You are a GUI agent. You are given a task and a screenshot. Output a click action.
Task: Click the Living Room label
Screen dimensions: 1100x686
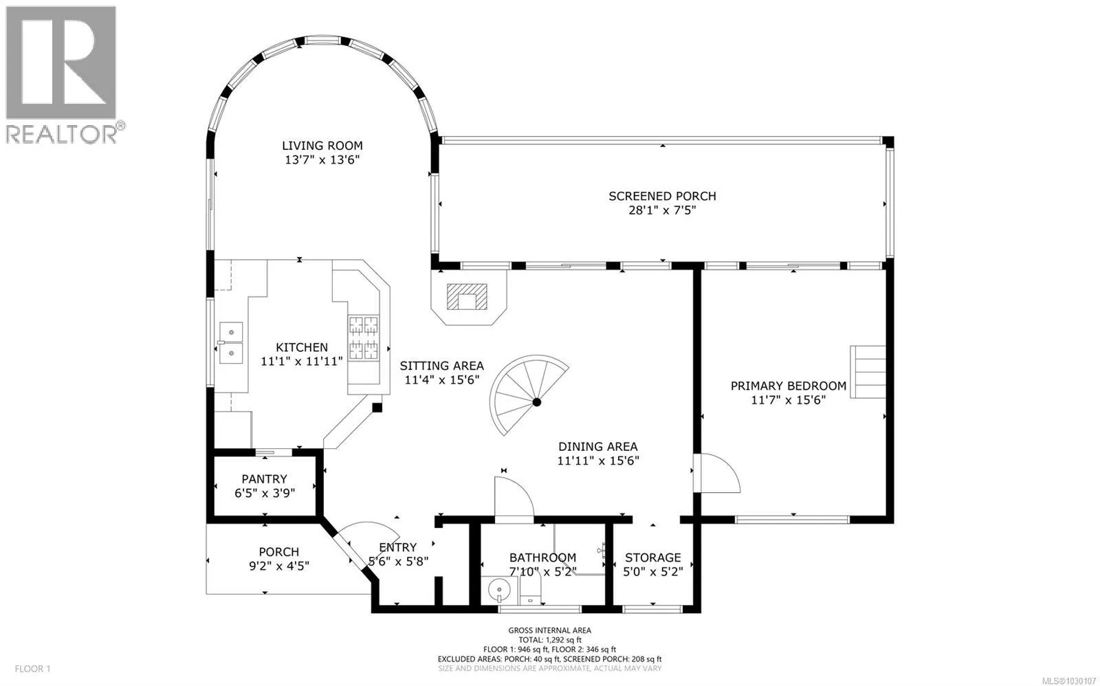tap(322, 146)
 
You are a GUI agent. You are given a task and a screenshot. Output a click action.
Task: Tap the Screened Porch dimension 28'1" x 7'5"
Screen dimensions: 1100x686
tap(663, 210)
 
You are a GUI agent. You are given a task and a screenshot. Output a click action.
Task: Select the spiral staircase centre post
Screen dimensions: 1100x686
tap(537, 402)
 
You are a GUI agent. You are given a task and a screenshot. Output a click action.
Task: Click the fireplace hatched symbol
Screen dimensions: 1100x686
tap(467, 296)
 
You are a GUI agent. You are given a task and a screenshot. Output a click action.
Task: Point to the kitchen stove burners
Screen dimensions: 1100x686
tap(364, 338)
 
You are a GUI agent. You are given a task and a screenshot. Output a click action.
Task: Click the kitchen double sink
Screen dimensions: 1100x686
tap(231, 343)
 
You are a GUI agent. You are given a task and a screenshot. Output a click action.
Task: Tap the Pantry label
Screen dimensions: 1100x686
tap(264, 479)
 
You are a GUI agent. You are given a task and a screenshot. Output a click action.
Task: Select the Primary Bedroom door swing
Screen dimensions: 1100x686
tap(716, 473)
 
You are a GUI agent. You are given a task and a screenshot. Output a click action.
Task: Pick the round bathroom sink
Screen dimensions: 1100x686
tap(499, 590)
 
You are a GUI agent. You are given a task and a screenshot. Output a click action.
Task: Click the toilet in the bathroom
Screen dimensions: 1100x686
tap(529, 590)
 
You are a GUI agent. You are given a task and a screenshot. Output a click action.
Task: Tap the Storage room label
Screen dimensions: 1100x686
tap(652, 558)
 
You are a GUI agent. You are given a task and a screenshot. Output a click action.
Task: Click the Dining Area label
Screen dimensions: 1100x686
tap(597, 447)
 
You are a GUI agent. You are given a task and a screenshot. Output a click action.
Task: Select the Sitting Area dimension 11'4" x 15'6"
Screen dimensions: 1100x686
tap(441, 380)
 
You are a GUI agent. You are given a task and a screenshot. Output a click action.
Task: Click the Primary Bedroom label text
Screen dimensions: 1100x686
tap(788, 386)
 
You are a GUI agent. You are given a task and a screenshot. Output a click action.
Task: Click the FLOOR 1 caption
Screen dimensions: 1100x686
tap(33, 669)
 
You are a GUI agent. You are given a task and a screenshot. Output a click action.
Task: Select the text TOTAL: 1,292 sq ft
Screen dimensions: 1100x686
tap(549, 640)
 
